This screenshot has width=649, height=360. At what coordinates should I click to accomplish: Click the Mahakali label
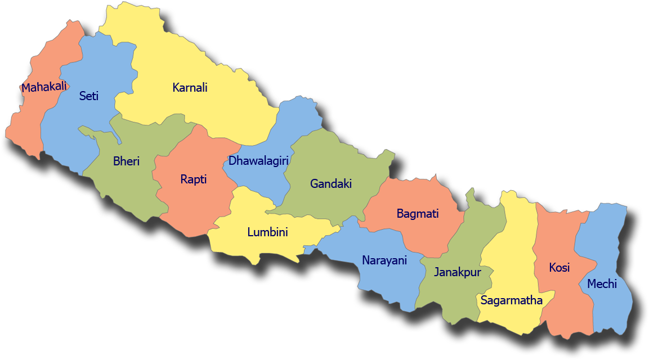click(x=44, y=87)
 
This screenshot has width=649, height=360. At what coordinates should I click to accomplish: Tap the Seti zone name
click(x=88, y=96)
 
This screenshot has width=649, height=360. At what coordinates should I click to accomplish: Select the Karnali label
click(x=190, y=88)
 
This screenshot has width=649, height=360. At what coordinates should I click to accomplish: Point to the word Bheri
click(x=126, y=161)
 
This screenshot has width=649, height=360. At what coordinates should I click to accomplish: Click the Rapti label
click(x=193, y=179)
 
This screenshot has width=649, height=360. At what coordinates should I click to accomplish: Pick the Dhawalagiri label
click(x=258, y=161)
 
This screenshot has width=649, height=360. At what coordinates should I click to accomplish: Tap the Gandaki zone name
click(x=330, y=183)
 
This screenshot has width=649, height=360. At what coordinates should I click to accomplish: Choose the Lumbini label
click(x=267, y=232)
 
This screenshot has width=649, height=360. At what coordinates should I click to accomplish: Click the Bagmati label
click(x=417, y=214)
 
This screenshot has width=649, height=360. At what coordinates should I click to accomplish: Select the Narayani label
click(x=384, y=260)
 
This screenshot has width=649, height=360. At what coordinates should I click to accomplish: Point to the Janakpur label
click(x=458, y=272)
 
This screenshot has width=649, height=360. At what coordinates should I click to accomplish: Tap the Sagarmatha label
click(x=511, y=300)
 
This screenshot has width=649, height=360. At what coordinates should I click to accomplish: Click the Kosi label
click(x=559, y=268)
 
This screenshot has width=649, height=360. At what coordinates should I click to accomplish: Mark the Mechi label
click(x=602, y=284)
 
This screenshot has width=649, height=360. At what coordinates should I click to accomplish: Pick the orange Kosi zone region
click(x=563, y=304)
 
